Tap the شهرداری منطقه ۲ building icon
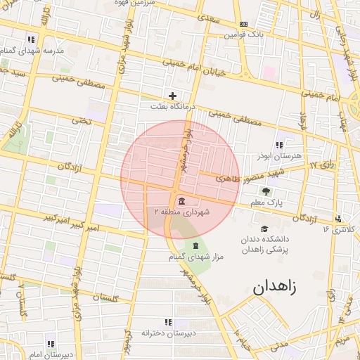coord(182,202)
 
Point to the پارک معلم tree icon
coord(266,191)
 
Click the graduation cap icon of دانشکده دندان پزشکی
coord(264,229)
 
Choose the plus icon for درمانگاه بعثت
coord(172,95)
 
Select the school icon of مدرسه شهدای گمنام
coord(31,39)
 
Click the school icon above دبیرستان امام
coord(50,344)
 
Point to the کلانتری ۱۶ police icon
coord(339,219)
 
